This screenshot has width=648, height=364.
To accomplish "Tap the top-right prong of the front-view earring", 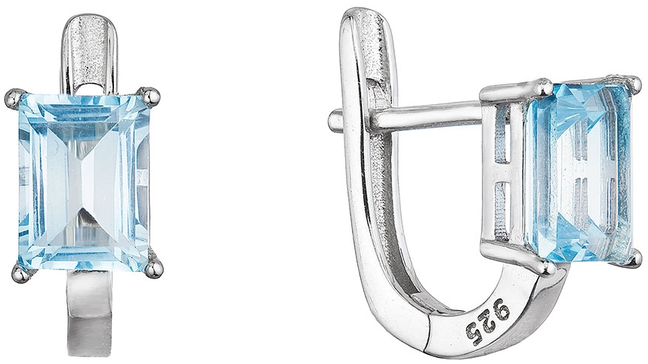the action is coord(150,95).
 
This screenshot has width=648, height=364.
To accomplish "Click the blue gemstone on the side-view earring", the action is coord(579,171).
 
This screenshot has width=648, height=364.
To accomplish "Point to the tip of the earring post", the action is coord(332,120).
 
